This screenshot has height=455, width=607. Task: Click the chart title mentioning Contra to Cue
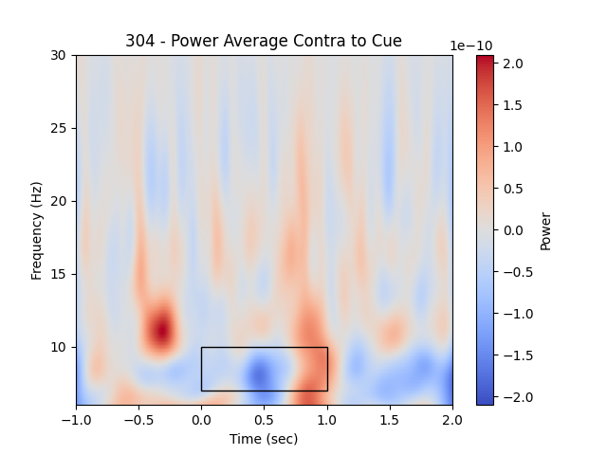[x=264, y=41]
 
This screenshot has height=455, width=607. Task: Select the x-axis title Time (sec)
[x=264, y=439]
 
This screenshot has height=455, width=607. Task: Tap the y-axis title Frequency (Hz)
[x=37, y=229]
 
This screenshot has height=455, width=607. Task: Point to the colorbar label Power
[x=545, y=230]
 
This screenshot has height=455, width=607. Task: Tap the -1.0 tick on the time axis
[x=76, y=419]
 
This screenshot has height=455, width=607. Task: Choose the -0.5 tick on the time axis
[x=138, y=419]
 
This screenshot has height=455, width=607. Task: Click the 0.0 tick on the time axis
[x=201, y=419]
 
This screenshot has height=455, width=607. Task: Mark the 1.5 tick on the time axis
[x=390, y=419]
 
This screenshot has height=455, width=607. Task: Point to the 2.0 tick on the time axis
[x=452, y=419]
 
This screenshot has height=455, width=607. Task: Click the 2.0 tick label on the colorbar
[x=513, y=64]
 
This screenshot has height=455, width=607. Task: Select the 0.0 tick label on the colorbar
[x=513, y=230]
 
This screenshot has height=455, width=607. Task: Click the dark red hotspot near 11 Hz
[x=162, y=330]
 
